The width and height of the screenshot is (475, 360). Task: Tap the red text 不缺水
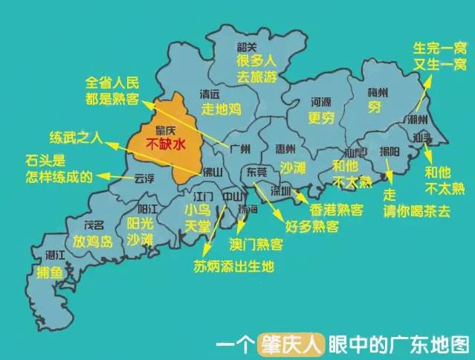pyautogui.click(x=164, y=146)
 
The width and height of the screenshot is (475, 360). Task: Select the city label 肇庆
pyautogui.click(x=164, y=131)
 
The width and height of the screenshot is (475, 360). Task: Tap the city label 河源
pyautogui.click(x=320, y=102)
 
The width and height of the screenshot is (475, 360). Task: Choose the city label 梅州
pyautogui.click(x=377, y=93)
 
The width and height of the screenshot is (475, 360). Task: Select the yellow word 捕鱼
pyautogui.click(x=51, y=272)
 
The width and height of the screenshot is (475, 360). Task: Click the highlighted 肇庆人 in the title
pyautogui.click(x=292, y=345)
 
